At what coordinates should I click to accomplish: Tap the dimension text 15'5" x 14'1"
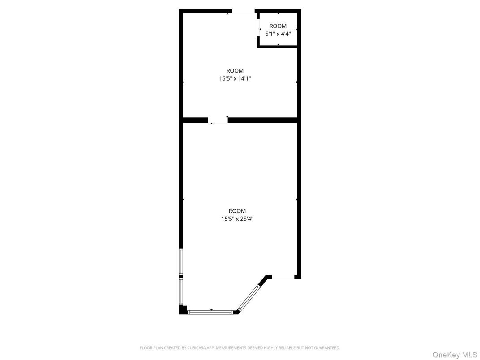click(235, 78)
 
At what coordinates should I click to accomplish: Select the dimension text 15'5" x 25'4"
click(237, 219)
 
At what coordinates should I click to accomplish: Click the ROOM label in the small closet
click(278, 26)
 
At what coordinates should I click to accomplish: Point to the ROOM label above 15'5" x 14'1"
click(235, 71)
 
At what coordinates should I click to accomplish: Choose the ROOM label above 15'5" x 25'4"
click(237, 211)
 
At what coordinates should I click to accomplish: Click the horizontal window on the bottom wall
click(210, 312)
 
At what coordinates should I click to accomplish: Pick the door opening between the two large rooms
click(218, 120)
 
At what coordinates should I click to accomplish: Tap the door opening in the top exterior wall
click(243, 11)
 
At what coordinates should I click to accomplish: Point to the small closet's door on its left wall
click(259, 28)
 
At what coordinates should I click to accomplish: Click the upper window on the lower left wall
click(181, 261)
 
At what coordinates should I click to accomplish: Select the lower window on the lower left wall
click(181, 291)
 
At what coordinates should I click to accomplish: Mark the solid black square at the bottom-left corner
click(183, 309)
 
